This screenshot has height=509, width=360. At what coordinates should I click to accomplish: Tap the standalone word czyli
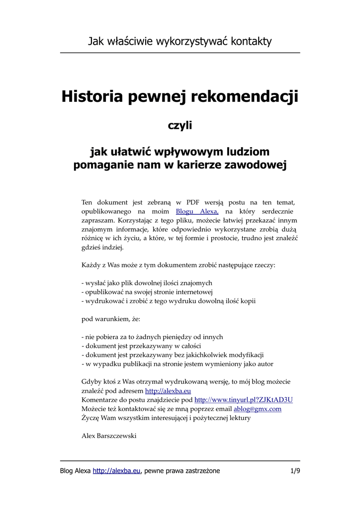tap(180, 126)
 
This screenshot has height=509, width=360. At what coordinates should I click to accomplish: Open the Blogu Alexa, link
tap(197, 211)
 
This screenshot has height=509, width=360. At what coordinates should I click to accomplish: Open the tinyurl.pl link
tap(243, 400)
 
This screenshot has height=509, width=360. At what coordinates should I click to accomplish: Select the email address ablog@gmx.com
tap(258, 409)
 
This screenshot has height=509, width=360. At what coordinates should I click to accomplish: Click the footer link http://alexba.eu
tap(117, 471)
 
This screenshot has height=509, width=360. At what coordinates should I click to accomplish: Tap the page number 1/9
tap(295, 471)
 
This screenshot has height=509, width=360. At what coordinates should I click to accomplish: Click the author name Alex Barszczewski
tap(108, 436)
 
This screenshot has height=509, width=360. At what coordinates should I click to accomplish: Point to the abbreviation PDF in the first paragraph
tap(192, 202)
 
